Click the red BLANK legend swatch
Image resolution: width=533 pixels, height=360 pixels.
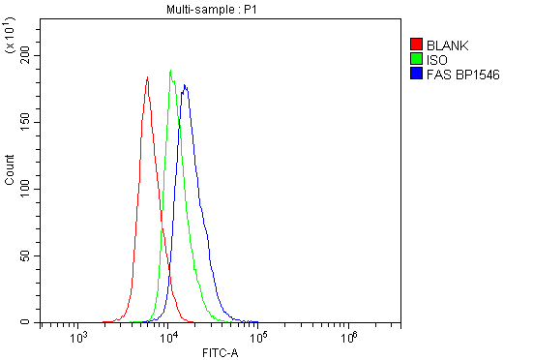click(416, 45)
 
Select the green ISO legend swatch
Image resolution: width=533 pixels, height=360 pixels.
click(416, 59)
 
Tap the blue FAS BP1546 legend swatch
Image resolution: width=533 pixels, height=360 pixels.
click(416, 74)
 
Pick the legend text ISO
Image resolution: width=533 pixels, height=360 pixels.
click(436, 59)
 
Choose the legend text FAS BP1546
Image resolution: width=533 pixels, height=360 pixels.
click(462, 74)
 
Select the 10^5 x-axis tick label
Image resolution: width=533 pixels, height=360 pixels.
click(259, 338)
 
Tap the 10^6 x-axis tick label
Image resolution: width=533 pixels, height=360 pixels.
click(349, 338)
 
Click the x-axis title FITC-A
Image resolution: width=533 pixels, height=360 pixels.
click(220, 352)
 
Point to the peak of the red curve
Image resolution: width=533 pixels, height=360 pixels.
click(147, 77)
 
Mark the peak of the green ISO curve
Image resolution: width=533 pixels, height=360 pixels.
click(170, 70)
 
